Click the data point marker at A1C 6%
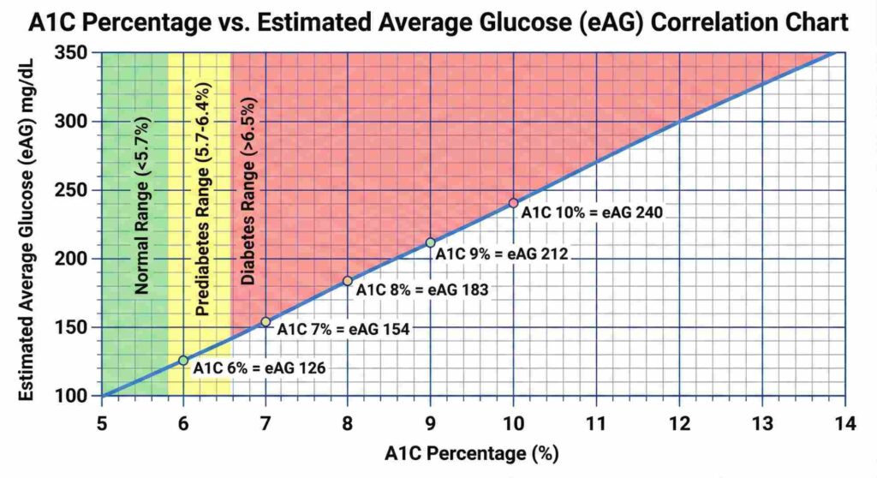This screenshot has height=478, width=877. tap(183, 361)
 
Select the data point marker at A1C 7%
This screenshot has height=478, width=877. tap(265, 322)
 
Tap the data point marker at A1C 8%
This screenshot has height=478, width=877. tap(348, 281)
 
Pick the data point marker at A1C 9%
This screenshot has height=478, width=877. tap(431, 242)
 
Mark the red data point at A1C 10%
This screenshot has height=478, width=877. tap(513, 203)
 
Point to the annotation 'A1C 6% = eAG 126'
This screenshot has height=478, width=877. tap(260, 368)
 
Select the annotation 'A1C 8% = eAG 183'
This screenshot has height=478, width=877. tap(422, 290)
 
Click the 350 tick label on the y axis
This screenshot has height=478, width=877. tap(78, 53)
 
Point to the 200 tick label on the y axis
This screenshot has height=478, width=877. tap(78, 259)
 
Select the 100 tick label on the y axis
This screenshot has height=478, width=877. tap(78, 396)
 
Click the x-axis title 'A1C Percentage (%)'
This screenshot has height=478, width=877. tap(465, 453)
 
